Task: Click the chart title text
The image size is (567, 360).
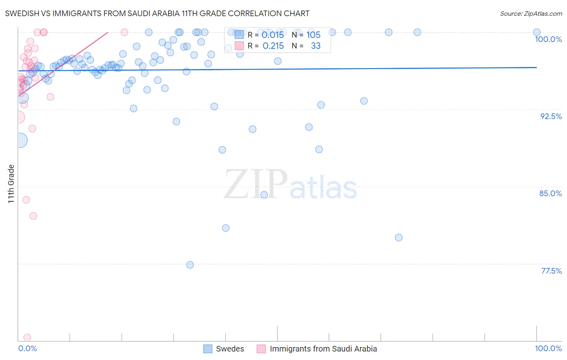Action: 157,13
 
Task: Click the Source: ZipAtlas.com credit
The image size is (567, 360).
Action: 531,13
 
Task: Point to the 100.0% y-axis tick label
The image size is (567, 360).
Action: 548,39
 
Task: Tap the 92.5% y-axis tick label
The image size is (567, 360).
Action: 551,116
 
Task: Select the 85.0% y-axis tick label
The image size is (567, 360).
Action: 550,193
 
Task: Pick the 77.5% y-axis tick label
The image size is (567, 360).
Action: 551,271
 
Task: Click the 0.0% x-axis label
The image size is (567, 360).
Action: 27,348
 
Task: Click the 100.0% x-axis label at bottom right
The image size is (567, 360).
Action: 548,348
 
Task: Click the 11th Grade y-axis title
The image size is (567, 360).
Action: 11,184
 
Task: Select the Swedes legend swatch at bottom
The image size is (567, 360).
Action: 208,349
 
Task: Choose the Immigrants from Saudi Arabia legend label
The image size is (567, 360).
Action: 323,349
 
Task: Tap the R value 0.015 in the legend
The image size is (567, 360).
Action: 273,35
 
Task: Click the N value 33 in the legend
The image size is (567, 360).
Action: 315,46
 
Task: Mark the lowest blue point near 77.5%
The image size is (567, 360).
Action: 190,265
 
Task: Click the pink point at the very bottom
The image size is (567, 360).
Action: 27,337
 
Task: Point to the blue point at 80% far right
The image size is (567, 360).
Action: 398,238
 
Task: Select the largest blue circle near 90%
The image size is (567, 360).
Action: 20,140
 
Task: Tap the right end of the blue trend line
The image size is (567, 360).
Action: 536,67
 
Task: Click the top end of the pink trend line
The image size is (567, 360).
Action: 108,32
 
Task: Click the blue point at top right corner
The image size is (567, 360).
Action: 537,32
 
